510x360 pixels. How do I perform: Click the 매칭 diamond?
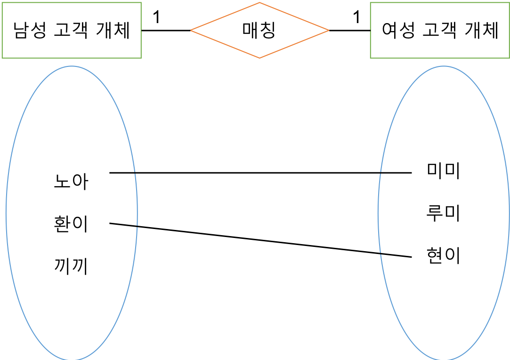(259, 31)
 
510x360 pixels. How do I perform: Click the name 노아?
(71, 181)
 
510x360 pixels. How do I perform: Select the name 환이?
(71, 224)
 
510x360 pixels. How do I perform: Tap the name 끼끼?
(71, 267)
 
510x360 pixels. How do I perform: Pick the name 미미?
(443, 171)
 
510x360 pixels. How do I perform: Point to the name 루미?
(443, 213)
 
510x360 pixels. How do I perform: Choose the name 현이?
(443, 256)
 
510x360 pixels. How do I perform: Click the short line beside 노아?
(123, 173)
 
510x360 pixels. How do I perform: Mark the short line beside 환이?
(123, 225)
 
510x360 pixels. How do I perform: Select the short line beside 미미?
(396, 173)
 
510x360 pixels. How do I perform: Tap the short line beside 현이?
(396, 255)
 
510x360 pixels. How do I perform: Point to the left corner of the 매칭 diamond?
(192, 31)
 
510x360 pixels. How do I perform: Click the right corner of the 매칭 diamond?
(328, 31)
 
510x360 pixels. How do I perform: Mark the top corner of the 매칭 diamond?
(259, 3)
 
